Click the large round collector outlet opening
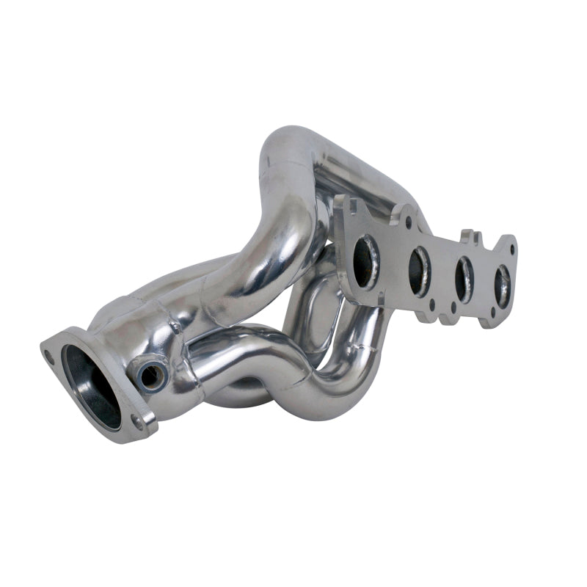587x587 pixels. pyautogui.click(x=91, y=386)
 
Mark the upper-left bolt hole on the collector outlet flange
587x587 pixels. pyautogui.click(x=48, y=354)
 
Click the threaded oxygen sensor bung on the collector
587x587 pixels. pyautogui.click(x=151, y=375)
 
